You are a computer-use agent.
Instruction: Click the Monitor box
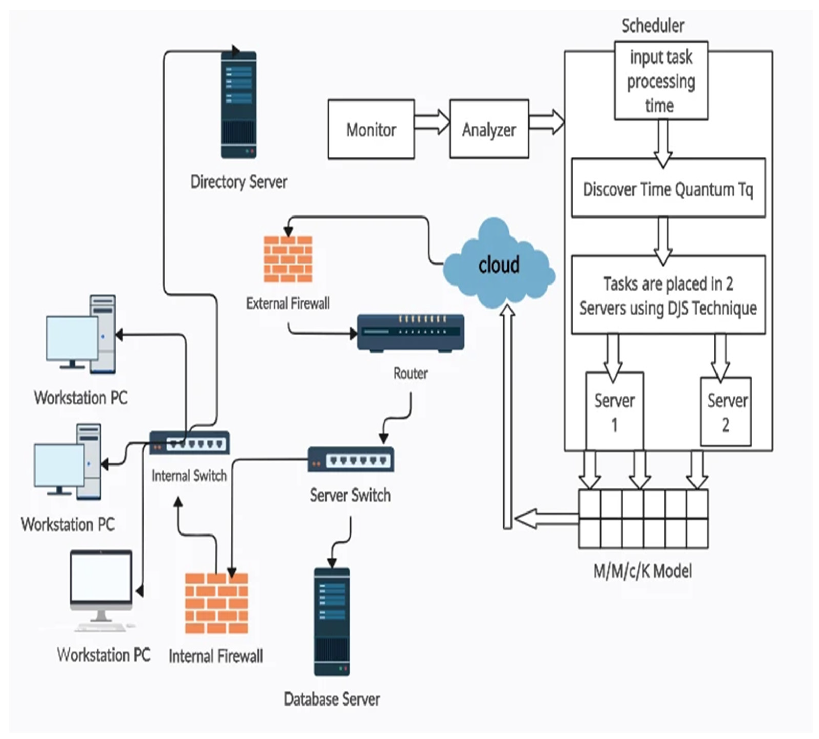[x=371, y=129]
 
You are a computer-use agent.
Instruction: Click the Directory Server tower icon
[x=238, y=105]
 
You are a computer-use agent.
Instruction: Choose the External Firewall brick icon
[x=288, y=259]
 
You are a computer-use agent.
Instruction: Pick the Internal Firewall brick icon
[x=217, y=603]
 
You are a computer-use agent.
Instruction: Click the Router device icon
[x=410, y=332]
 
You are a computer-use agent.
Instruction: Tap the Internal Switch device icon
[x=189, y=442]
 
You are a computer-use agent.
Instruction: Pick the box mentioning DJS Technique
[x=668, y=295]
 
